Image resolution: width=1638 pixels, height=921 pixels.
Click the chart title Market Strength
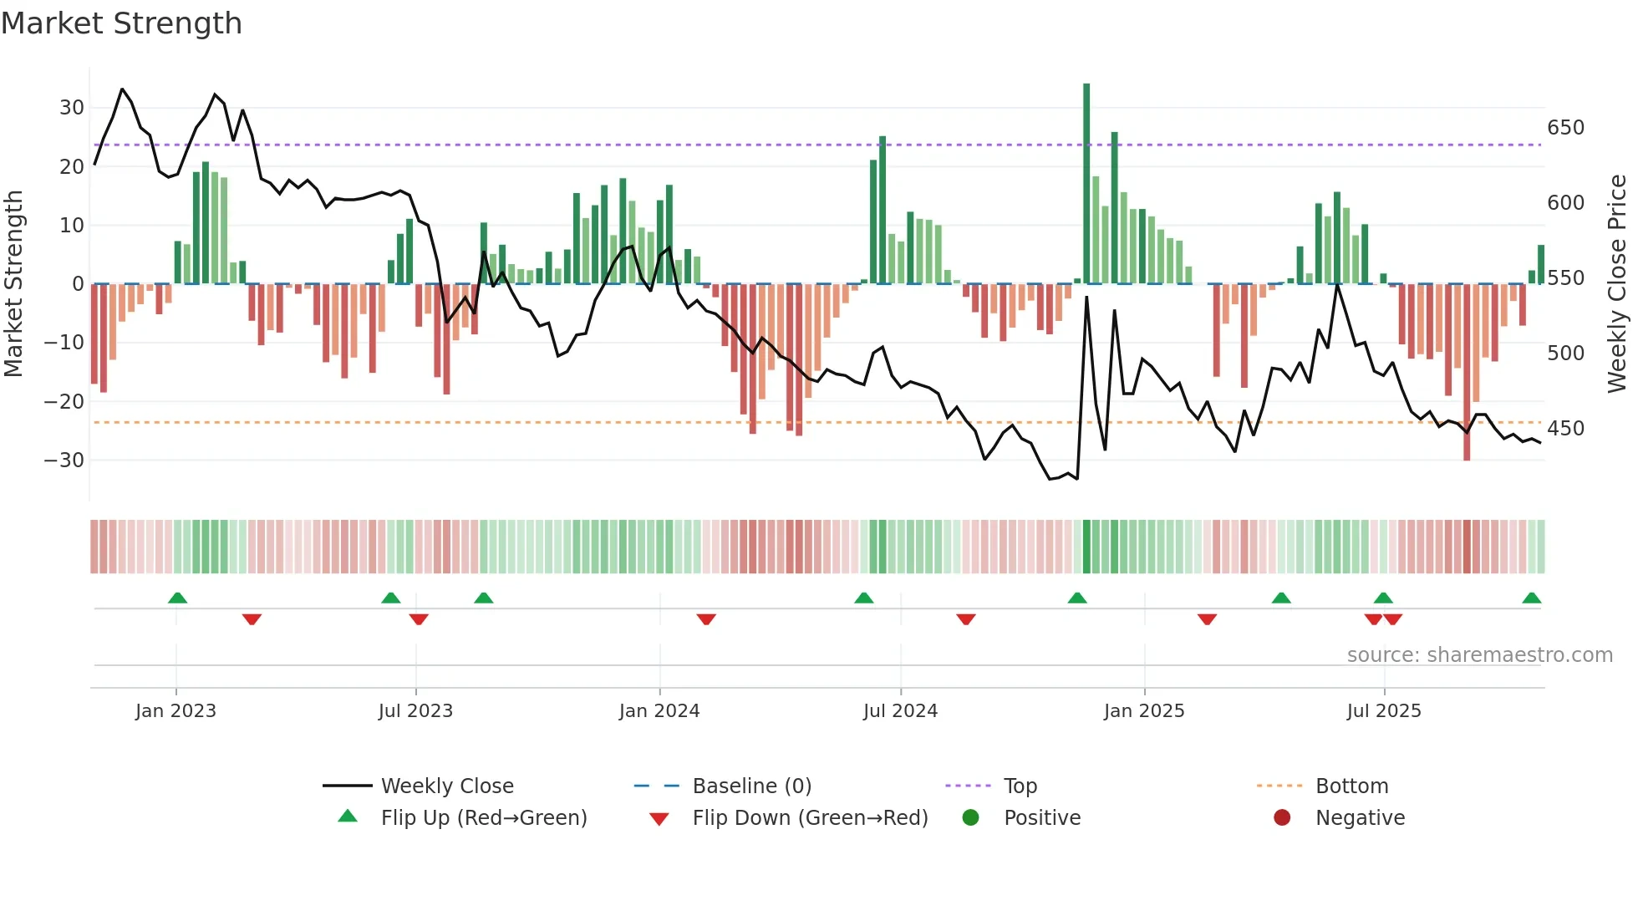(x=121, y=23)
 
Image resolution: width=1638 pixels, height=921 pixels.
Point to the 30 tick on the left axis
(x=72, y=108)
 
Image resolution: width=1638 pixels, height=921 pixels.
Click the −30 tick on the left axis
(x=64, y=460)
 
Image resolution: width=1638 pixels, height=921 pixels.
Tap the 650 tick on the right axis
(x=1565, y=128)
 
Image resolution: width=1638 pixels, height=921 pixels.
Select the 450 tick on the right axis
(x=1565, y=429)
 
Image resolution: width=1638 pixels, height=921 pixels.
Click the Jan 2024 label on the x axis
(x=659, y=711)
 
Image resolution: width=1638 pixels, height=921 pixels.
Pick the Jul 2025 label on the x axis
(x=1383, y=711)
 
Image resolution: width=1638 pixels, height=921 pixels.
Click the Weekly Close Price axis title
(x=1617, y=283)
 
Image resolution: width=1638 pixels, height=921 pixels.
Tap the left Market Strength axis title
(x=14, y=283)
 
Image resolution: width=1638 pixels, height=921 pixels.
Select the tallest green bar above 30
(x=1086, y=184)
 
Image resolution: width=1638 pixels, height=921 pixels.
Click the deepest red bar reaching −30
(x=1467, y=372)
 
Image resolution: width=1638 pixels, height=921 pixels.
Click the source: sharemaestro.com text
(x=1479, y=655)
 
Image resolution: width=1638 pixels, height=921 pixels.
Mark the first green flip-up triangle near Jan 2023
(x=177, y=598)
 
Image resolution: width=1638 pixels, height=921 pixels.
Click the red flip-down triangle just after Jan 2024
(x=706, y=619)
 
